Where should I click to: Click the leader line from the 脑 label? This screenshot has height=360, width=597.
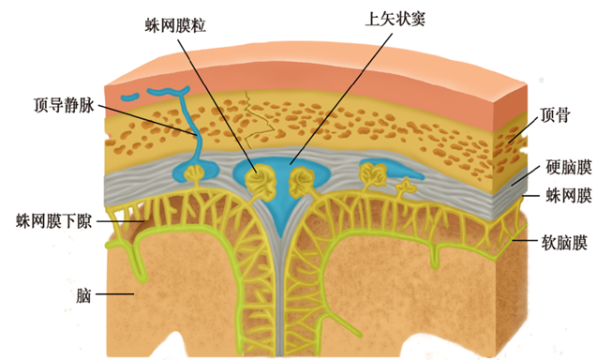pos(117,295)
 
